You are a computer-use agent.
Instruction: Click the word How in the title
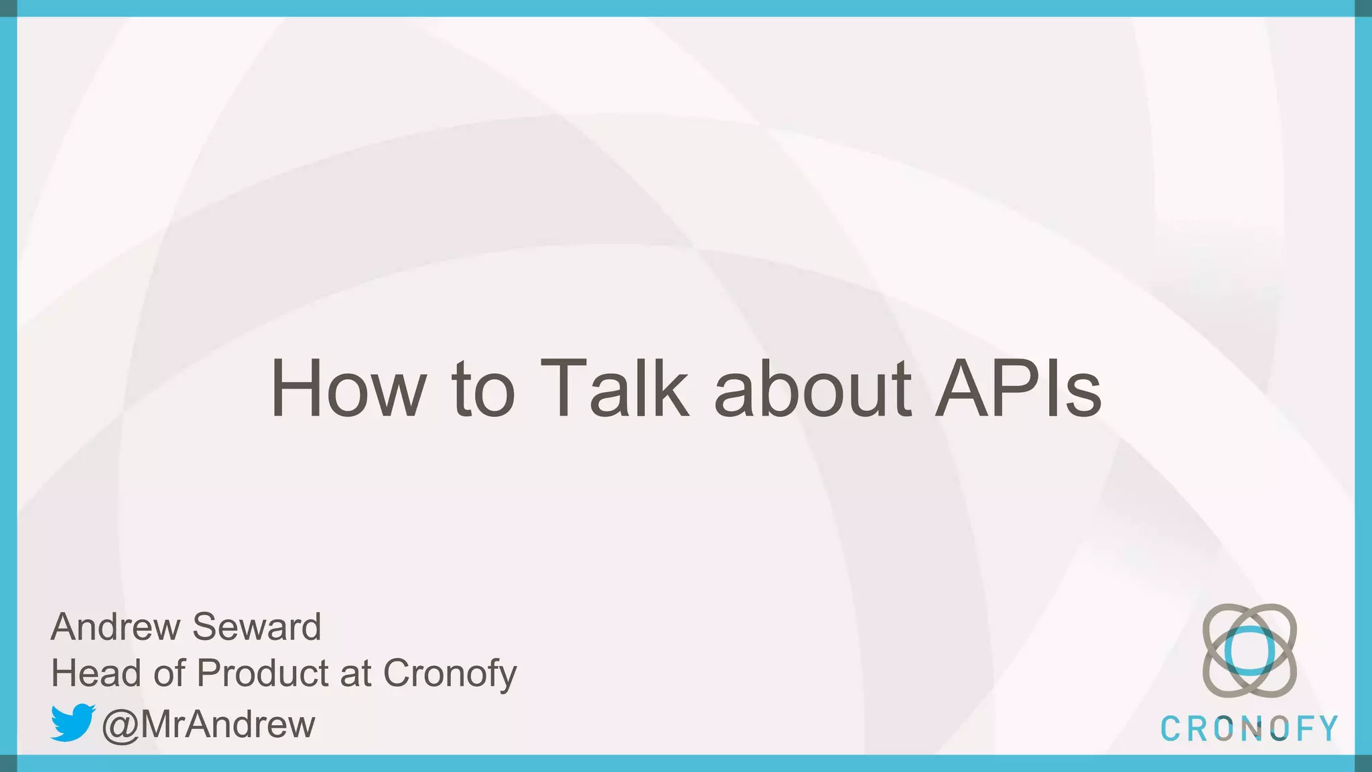348,389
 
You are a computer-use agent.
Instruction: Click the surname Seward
257,627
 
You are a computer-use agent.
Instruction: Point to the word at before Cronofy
356,673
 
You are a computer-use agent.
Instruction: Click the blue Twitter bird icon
73,722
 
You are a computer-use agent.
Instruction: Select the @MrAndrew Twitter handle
208,724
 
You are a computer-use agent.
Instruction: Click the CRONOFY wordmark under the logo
1249,729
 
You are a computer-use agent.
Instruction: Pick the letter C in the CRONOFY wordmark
1170,729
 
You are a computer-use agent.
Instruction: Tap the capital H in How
299,389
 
